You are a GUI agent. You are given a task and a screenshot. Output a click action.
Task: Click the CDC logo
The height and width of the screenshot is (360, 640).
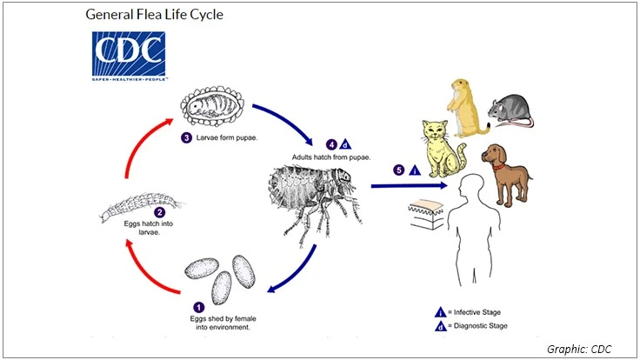click(129, 56)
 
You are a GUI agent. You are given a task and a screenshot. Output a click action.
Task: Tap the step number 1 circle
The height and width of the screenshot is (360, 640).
click(198, 306)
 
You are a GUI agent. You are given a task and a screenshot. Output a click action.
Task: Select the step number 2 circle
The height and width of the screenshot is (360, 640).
click(159, 211)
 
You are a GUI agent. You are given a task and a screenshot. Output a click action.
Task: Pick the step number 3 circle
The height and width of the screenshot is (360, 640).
click(187, 137)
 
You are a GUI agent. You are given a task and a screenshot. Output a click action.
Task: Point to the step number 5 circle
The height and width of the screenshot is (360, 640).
click(399, 170)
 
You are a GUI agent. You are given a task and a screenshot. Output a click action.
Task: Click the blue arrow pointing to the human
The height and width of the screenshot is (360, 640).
click(409, 184)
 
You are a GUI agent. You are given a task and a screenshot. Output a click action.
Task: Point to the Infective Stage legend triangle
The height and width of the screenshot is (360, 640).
click(440, 311)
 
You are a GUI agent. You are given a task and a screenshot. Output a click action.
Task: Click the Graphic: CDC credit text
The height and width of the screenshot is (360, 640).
click(579, 349)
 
